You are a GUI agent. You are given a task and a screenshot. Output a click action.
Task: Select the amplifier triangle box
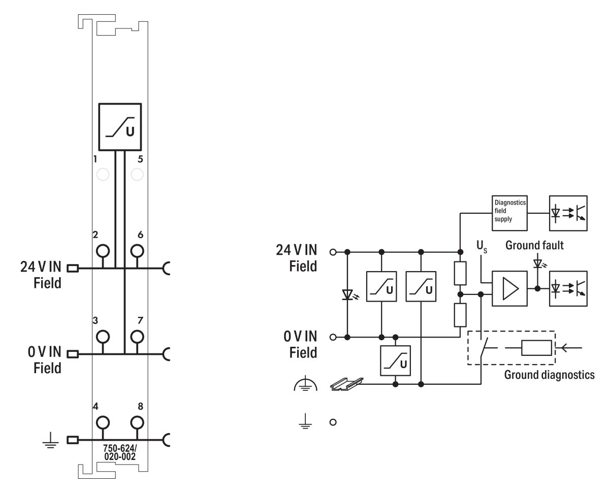point(509,288)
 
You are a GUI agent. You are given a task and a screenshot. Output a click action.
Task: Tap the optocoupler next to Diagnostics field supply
point(568,210)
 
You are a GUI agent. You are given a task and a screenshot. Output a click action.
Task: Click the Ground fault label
point(534,245)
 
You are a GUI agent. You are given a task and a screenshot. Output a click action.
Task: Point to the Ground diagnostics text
point(549,375)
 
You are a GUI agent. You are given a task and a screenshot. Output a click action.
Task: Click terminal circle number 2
point(103,251)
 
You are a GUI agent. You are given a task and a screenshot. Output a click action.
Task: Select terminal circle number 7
point(136,336)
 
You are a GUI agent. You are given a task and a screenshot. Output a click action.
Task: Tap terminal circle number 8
point(136,422)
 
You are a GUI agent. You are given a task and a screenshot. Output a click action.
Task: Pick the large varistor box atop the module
point(120,127)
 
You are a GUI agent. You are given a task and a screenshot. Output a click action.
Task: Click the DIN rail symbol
point(347,384)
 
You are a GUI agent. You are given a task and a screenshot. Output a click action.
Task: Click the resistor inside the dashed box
point(536,348)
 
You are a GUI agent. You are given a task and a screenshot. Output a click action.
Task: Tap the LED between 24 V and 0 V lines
point(347,294)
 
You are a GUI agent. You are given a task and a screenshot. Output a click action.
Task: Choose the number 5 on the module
point(140,159)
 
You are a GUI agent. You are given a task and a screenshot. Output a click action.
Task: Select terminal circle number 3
point(103,336)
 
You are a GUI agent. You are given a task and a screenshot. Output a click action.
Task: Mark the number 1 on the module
point(95,159)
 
